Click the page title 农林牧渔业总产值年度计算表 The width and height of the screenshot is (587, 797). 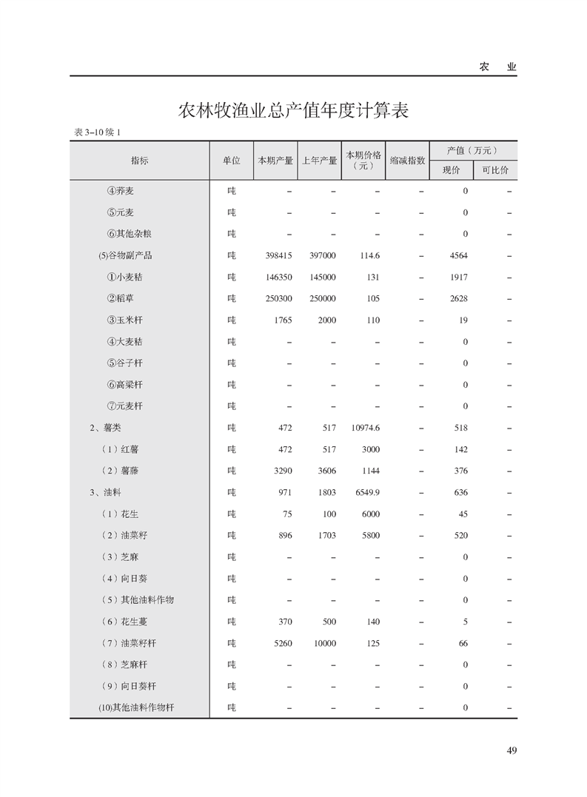tap(294, 112)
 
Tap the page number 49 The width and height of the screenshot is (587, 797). tap(511, 750)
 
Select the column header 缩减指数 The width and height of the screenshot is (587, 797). tap(407, 161)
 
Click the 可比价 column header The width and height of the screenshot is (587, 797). tap(495, 170)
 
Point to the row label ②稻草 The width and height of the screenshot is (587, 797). tap(121, 299)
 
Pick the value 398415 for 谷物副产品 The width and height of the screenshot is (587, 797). tap(278, 256)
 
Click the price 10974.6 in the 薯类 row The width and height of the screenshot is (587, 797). tap(366, 428)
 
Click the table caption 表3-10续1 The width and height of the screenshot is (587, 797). tap(97, 132)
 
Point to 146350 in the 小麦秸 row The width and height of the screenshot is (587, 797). tap(278, 278)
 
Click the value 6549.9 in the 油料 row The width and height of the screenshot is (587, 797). tap(366, 492)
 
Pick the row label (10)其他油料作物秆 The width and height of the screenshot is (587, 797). tap(136, 707)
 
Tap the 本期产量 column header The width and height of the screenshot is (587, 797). tap(275, 161)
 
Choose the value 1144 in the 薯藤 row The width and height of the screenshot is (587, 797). tap(370, 471)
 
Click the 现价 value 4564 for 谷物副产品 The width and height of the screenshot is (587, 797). tap(459, 256)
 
